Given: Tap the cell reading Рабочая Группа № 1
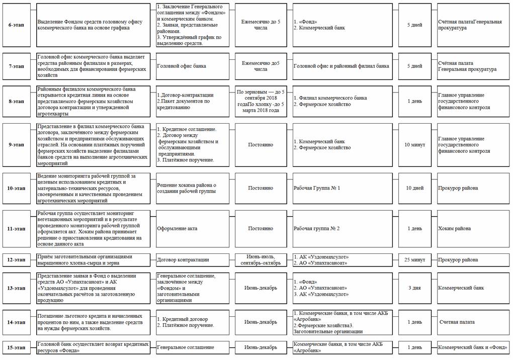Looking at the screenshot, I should coord(317,188).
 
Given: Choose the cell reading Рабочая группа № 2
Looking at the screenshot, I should coord(317,228).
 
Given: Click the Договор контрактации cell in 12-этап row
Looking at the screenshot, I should coord(183,260).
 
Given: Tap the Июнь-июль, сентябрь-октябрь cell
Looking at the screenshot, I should coord(261,260).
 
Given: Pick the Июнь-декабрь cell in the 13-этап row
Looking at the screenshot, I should coord(261,288).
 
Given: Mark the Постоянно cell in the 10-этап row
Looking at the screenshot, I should coord(261,188).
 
